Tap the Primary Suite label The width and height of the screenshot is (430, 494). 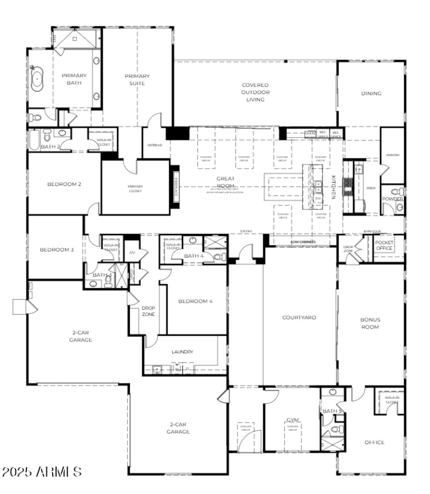[137, 79]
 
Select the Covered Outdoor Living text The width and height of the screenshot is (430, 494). [255, 92]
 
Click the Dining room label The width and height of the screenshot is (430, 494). [371, 93]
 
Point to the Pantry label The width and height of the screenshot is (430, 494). [392, 155]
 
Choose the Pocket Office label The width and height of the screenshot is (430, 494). [384, 245]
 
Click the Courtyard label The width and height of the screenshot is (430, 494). [299, 317]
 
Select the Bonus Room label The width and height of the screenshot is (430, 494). [370, 323]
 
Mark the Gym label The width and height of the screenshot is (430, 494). [292, 420]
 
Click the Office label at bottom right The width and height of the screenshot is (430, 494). [374, 442]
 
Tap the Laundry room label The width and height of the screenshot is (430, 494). [182, 352]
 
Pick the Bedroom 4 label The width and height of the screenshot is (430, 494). [196, 301]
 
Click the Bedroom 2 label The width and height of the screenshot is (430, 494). [64, 184]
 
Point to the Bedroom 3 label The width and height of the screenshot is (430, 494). [56, 250]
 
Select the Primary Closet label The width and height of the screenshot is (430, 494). [135, 188]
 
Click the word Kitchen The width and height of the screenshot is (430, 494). [333, 187]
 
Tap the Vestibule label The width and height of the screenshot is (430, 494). [154, 145]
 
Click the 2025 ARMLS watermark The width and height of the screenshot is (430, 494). [42, 472]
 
